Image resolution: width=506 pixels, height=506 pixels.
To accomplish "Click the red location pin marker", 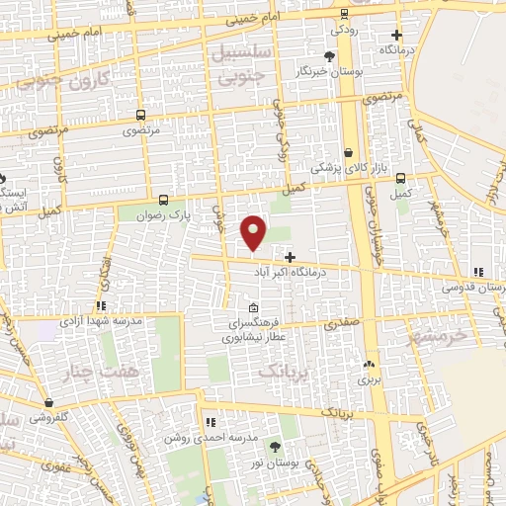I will tap(255, 231).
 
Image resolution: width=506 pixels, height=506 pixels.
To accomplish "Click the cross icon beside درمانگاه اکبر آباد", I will tap(290, 256).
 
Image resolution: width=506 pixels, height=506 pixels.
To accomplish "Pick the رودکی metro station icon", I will tap(343, 14).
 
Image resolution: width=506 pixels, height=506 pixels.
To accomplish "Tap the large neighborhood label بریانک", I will tap(279, 371).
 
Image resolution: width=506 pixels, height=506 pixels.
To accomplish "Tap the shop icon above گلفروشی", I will tap(48, 402).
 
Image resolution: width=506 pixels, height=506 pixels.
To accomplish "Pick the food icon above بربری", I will tap(370, 363).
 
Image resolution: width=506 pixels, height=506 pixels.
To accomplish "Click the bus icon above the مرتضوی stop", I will tap(140, 114).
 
